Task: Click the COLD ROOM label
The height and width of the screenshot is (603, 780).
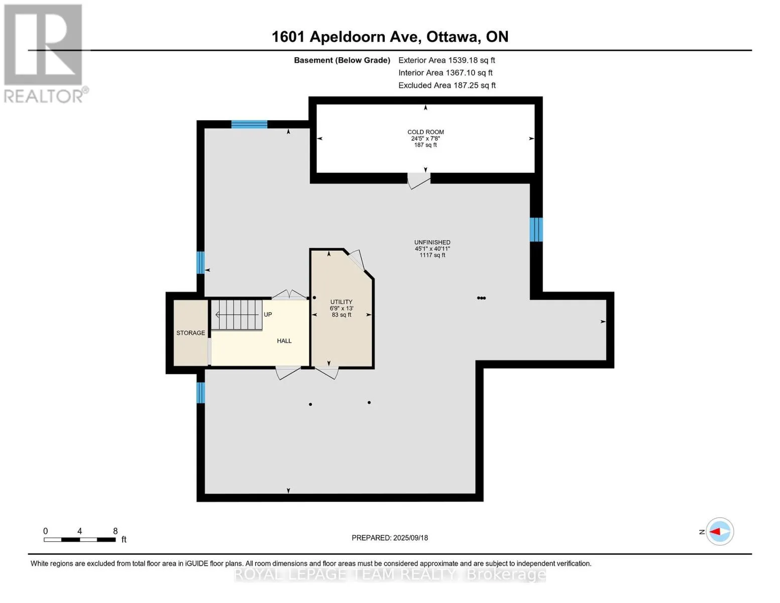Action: click(425, 132)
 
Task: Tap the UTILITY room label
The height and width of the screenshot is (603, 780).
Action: click(341, 301)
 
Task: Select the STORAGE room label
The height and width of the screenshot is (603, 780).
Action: click(190, 333)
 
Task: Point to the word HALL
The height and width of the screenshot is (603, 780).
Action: click(284, 341)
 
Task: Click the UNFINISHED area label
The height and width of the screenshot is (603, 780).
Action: click(432, 242)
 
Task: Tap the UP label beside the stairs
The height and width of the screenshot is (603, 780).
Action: click(268, 315)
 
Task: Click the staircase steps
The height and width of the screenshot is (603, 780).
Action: click(236, 315)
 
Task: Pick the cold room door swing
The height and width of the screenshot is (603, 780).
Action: click(418, 181)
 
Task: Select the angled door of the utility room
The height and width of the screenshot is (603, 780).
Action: click(357, 260)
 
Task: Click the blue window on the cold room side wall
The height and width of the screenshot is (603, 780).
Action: click(536, 230)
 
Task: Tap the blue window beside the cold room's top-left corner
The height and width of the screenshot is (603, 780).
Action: click(249, 124)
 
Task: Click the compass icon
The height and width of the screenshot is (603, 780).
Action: click(720, 532)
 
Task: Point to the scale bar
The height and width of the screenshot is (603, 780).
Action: click(80, 540)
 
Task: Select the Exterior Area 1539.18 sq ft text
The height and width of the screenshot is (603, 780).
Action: click(447, 60)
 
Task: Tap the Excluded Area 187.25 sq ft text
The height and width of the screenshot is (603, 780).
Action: click(447, 85)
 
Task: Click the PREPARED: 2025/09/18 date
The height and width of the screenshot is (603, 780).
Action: click(390, 538)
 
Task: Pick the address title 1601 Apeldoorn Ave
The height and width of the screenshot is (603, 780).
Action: click(346, 37)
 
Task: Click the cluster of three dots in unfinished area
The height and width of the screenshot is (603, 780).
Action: click(481, 297)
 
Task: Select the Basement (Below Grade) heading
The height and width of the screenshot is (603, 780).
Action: click(342, 60)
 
